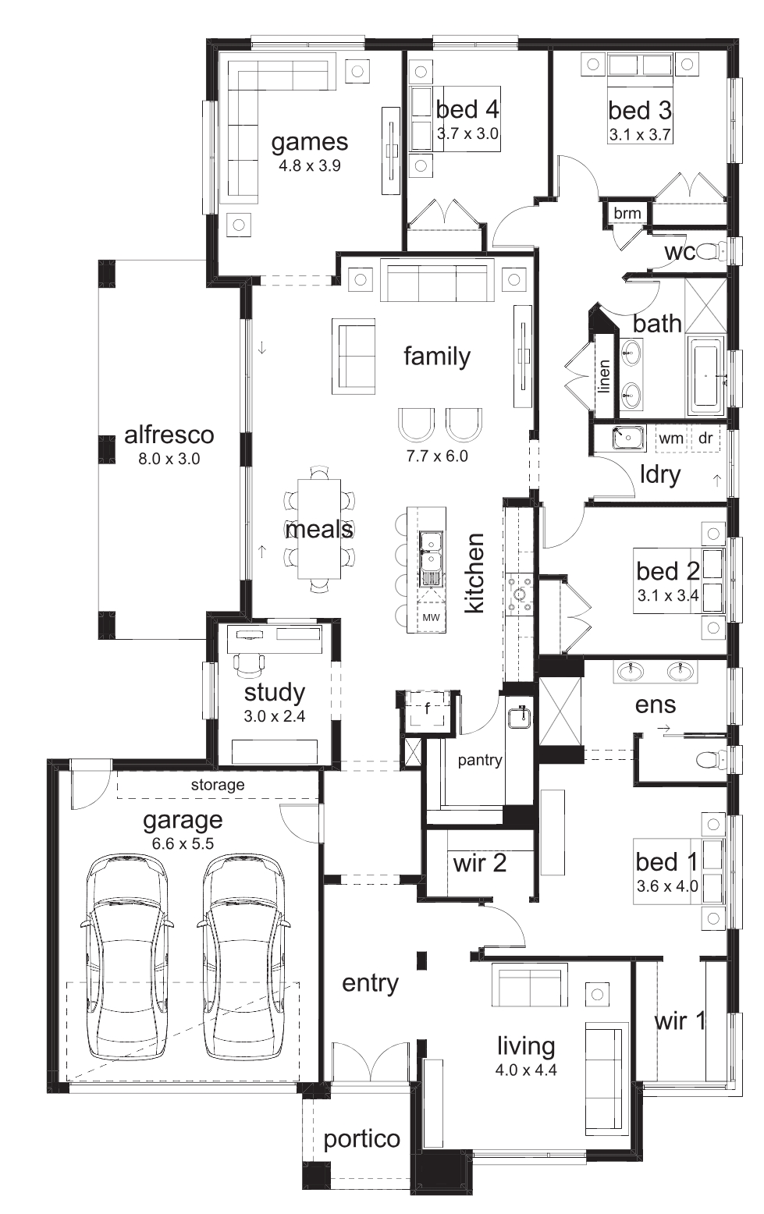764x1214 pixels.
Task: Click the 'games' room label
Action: pyautogui.click(x=310, y=143)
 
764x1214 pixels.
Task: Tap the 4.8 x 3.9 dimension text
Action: pyautogui.click(x=310, y=166)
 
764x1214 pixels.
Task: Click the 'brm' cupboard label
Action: pyautogui.click(x=627, y=214)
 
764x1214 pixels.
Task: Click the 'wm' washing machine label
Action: pyautogui.click(x=670, y=438)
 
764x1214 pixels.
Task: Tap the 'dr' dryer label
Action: pyautogui.click(x=705, y=438)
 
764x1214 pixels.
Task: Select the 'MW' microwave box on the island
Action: pyautogui.click(x=431, y=617)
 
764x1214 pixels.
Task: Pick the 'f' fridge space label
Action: pyautogui.click(x=428, y=708)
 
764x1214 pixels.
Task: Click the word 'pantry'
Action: pyautogui.click(x=480, y=761)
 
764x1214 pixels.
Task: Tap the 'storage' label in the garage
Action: pyautogui.click(x=218, y=785)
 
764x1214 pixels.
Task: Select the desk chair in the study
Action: pyautogui.click(x=250, y=665)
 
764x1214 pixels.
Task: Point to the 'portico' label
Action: pyautogui.click(x=361, y=1140)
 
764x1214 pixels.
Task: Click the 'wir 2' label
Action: pyautogui.click(x=479, y=863)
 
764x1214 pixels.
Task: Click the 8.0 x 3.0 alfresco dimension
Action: pyautogui.click(x=169, y=459)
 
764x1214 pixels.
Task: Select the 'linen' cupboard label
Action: pyautogui.click(x=604, y=376)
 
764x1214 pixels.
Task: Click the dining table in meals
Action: pyautogui.click(x=319, y=529)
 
